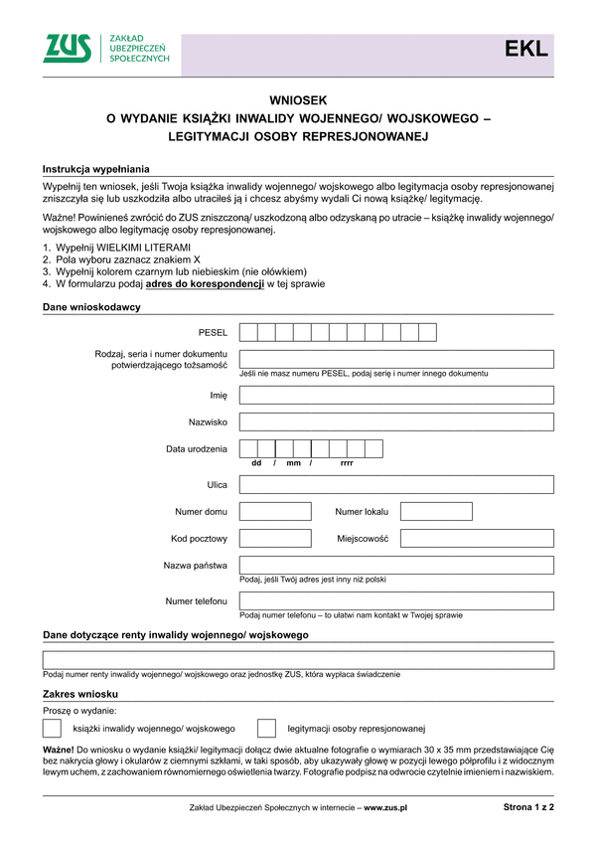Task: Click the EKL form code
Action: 525,50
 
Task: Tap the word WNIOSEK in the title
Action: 298,100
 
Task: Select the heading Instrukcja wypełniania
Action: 95,170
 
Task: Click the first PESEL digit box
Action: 248,332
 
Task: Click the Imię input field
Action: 396,395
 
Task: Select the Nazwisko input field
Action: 396,422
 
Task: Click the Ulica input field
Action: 396,485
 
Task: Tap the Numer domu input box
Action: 275,512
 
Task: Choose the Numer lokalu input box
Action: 436,512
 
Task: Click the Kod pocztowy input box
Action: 275,539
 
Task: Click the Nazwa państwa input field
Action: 396,566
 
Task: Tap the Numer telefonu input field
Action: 396,601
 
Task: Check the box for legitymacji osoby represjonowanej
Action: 266,728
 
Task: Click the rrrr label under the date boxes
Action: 347,463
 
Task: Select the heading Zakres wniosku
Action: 80,693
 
